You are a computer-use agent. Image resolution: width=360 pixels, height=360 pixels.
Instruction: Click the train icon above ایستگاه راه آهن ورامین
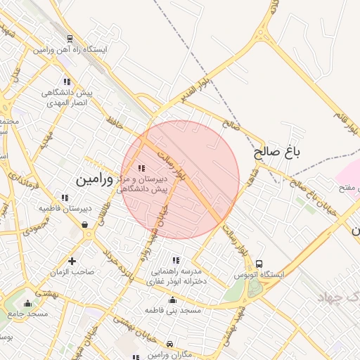pos(70,39)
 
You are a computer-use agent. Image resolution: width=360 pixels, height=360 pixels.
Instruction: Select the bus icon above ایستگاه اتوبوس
pos(259,263)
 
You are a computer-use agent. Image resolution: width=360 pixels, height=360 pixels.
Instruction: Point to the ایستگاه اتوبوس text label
pos(259,274)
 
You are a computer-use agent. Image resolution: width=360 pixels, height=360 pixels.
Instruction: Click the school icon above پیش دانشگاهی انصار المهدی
pos(66,82)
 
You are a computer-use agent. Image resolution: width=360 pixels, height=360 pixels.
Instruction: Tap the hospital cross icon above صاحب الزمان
pos(71,261)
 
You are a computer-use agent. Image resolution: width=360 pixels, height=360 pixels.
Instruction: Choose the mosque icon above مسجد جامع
pos(27,303)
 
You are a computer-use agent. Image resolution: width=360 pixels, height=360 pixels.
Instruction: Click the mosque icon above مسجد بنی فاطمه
pos(173,299)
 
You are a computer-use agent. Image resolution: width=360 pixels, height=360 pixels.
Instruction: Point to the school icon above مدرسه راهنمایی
pos(175,260)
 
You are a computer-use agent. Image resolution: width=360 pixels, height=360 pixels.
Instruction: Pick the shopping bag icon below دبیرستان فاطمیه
pos(85,225)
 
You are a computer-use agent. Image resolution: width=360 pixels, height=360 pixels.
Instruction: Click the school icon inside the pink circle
pos(141,168)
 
